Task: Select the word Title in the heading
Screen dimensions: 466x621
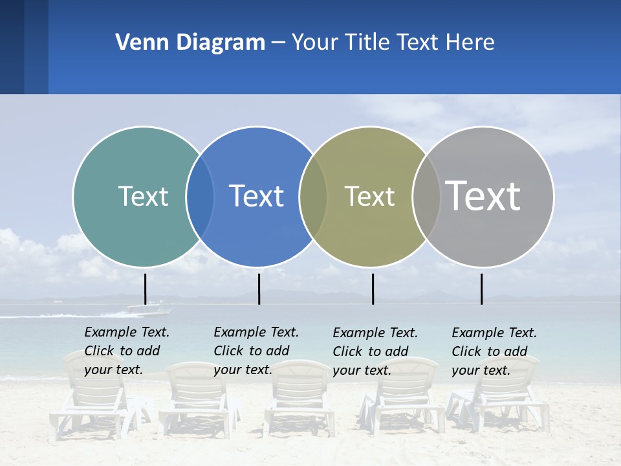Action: pos(367,42)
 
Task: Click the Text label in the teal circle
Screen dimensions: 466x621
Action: pos(143,196)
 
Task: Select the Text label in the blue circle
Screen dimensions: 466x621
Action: pos(256,196)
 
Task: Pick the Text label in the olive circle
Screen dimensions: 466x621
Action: pos(369,196)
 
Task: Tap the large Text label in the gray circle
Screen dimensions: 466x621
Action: pos(483,195)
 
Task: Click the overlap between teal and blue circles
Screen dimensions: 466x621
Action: pos(200,196)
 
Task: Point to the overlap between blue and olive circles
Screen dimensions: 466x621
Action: pos(313,196)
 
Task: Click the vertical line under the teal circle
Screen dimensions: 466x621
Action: pos(146,289)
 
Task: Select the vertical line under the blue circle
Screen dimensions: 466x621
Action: pos(259,289)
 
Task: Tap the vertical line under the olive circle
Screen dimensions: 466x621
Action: pos(373,289)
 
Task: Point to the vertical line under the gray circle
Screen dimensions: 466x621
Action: pos(481,289)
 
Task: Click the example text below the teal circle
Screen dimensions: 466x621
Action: pos(126,351)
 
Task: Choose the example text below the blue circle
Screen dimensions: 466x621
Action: pos(256,351)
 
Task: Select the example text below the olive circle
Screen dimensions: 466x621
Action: pos(375,351)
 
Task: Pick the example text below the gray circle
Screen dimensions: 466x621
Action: pos(494,351)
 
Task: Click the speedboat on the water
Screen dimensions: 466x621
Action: pos(149,309)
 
